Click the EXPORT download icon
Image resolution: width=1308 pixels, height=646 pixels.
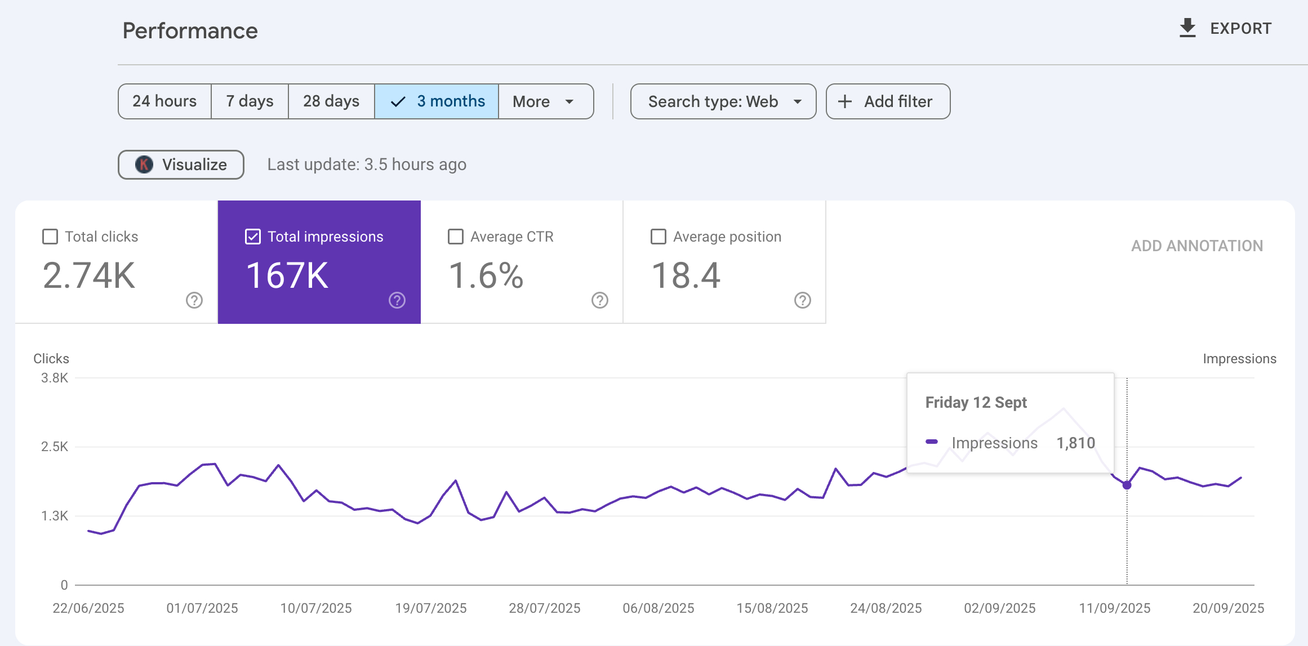[1187, 28]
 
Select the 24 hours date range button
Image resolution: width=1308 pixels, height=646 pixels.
[164, 101]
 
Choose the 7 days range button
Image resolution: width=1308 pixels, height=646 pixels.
[250, 101]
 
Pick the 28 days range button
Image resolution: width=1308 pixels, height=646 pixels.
[331, 101]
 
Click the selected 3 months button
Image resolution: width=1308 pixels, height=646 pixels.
[437, 101]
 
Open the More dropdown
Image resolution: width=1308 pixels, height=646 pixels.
[545, 101]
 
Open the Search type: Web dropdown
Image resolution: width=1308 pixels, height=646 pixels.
[723, 101]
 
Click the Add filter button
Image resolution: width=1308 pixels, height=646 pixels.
[888, 101]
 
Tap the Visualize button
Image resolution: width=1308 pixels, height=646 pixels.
[181, 164]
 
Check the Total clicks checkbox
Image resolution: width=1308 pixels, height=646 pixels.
[50, 237]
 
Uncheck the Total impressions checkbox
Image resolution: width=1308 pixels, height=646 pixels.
[253, 237]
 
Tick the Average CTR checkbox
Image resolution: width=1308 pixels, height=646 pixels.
[456, 237]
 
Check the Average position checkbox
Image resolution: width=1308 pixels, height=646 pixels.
[659, 237]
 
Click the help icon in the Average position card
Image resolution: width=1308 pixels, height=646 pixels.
[802, 300]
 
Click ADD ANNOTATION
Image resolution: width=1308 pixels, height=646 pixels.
[1197, 246]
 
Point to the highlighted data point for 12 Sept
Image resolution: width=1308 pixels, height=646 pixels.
[1127, 485]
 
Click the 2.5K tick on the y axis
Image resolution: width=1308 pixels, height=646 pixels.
[55, 447]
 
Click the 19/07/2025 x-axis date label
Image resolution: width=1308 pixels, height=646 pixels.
[431, 608]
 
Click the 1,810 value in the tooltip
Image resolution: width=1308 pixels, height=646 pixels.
[1076, 443]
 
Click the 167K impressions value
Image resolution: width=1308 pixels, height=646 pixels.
[287, 275]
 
